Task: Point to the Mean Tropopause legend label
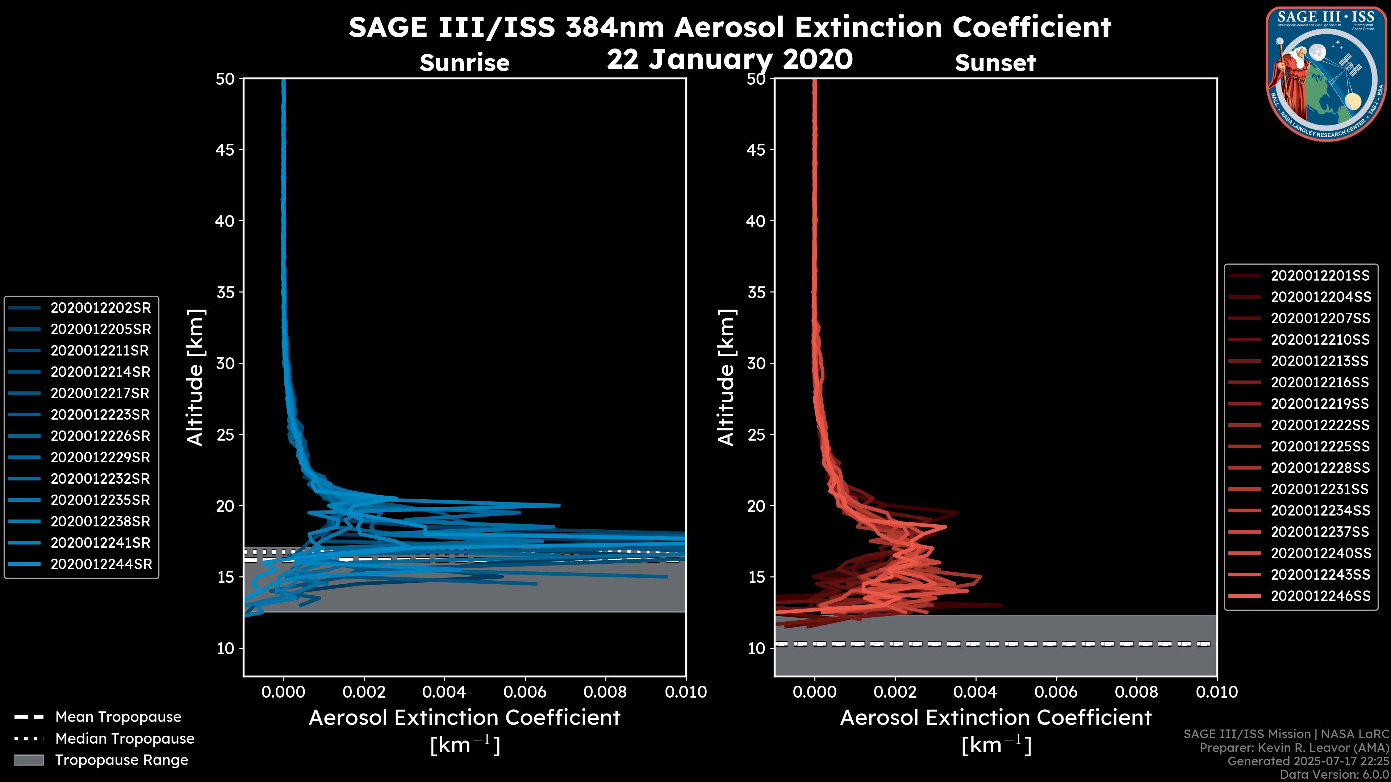[118, 717]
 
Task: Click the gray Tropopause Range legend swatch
[29, 760]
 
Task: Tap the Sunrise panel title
[464, 63]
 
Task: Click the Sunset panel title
[995, 63]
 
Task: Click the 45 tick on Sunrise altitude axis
[225, 150]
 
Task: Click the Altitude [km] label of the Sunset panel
[727, 378]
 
